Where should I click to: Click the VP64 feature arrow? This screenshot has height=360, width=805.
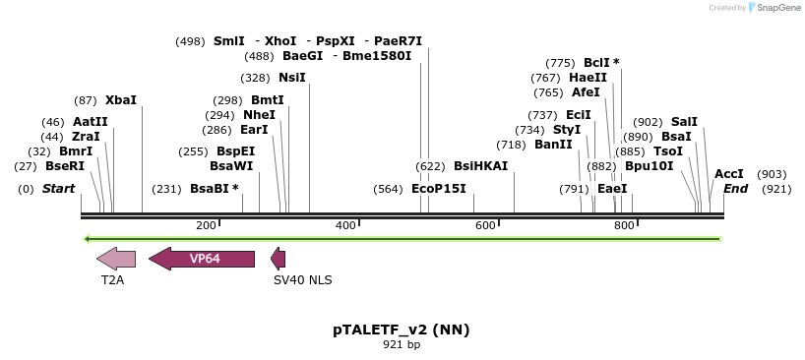(x=202, y=259)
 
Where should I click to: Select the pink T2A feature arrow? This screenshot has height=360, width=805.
(x=116, y=259)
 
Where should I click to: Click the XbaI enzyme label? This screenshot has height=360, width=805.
(x=120, y=100)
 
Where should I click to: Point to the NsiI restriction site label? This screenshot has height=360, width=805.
(x=292, y=77)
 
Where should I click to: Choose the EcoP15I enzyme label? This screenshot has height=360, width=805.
(x=438, y=189)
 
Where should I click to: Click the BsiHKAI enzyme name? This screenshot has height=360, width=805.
(x=480, y=166)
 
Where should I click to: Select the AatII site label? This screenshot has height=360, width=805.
(x=91, y=122)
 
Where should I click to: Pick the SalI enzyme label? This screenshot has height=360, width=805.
(x=684, y=122)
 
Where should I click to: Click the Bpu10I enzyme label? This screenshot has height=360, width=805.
(x=649, y=166)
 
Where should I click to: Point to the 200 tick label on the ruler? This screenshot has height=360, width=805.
(x=206, y=226)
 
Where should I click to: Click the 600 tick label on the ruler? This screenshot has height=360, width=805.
(x=485, y=226)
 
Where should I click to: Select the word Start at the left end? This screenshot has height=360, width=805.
(x=58, y=189)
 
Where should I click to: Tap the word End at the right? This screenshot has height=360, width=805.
(x=736, y=189)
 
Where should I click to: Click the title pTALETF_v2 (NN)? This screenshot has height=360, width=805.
(x=401, y=330)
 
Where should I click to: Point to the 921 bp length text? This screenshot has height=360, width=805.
(x=401, y=345)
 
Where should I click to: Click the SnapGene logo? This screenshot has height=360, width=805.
(x=773, y=8)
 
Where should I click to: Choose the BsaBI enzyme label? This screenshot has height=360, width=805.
(x=210, y=189)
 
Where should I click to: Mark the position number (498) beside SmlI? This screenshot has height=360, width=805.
(x=190, y=41)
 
